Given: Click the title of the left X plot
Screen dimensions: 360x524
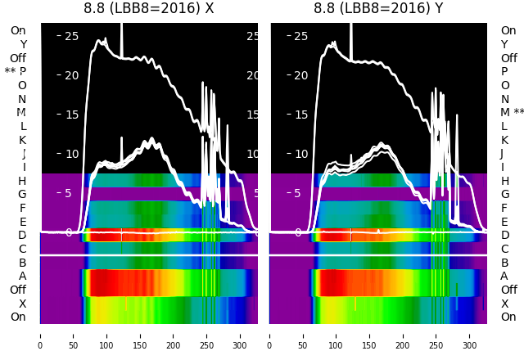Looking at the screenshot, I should point(148,8).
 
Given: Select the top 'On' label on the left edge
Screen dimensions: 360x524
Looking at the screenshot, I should point(18,31).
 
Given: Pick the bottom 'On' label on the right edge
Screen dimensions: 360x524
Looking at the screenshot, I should point(508,317).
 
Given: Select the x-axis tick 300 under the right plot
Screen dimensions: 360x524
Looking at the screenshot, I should point(470,335).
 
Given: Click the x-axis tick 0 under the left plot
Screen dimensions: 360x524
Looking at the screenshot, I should point(40,335).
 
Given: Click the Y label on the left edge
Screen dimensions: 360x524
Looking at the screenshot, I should point(23,45).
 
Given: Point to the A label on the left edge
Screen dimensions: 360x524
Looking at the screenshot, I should point(23,276).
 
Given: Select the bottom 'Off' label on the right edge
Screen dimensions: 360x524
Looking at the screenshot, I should point(508,290).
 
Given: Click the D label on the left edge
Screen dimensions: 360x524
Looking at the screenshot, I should point(23,236).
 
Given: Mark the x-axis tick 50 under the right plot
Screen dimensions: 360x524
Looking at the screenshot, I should point(303,335).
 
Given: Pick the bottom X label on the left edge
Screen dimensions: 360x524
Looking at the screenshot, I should point(23,304).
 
